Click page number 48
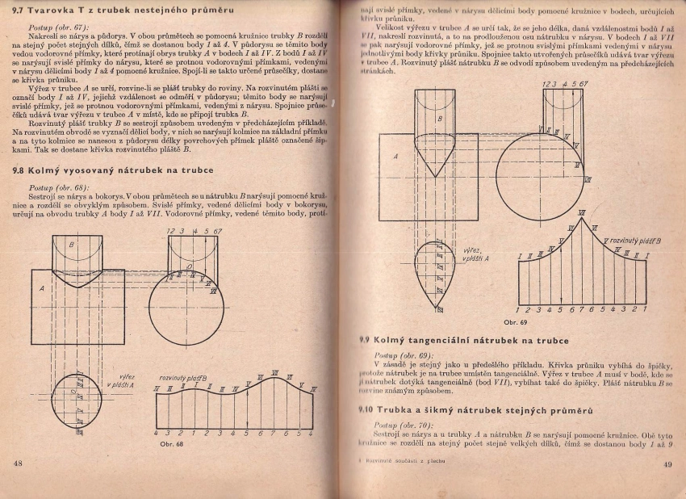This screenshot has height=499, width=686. (18, 463)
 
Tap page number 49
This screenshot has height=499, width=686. (667, 463)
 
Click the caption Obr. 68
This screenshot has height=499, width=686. (172, 443)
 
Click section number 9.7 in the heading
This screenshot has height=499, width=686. (17, 9)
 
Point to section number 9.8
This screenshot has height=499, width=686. (17, 170)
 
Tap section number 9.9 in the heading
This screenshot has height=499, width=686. (365, 340)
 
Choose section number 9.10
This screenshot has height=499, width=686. (366, 411)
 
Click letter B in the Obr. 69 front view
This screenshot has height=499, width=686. (439, 119)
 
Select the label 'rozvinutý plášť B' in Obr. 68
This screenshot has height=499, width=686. (182, 377)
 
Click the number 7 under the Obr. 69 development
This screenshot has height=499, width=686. (580, 309)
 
